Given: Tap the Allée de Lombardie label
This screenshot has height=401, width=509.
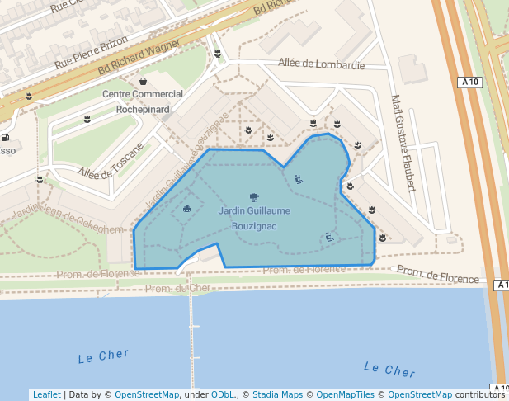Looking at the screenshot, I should tap(321, 64).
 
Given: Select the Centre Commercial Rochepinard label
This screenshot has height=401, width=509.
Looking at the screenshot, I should tap(143, 101).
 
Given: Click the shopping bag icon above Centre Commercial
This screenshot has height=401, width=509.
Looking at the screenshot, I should tap(144, 82).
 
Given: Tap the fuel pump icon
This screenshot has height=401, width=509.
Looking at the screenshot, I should tap(6, 138).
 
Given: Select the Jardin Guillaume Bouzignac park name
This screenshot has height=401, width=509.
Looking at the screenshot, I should tap(254, 218).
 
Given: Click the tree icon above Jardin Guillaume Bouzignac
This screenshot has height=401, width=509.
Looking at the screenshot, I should tap(253, 197).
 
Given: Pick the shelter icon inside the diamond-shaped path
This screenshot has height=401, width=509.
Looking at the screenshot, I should tap(186, 208).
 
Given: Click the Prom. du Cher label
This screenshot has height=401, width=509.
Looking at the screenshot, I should tap(177, 288).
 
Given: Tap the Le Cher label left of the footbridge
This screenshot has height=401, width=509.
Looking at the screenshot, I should tap(103, 358).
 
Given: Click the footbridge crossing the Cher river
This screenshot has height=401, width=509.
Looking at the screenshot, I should tap(194, 338).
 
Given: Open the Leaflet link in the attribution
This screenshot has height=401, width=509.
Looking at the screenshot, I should tap(46, 394).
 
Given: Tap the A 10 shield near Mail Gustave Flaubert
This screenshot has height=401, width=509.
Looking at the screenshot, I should tap(470, 82).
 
